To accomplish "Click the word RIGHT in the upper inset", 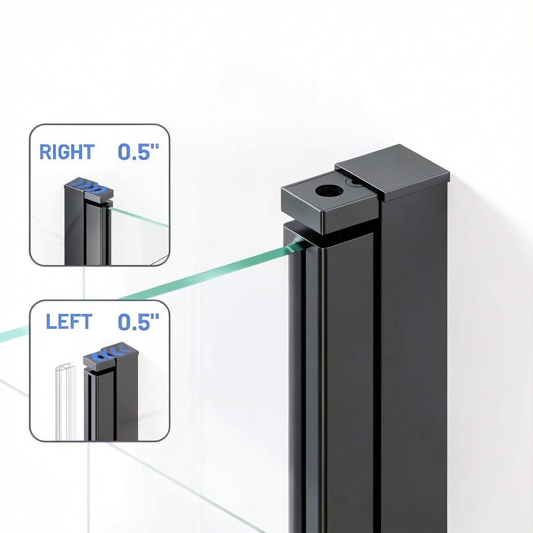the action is click(67, 151).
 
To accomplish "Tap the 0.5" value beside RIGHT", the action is click(138, 151).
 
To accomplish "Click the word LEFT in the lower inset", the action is click(69, 322).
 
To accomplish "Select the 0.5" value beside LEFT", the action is click(138, 322).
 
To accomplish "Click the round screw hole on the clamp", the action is click(329, 191).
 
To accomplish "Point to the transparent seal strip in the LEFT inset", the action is click(65, 402).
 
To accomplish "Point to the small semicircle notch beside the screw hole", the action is click(352, 182).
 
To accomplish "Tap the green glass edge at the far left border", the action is click(14, 334).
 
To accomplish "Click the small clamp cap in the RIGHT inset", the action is click(98, 196).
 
